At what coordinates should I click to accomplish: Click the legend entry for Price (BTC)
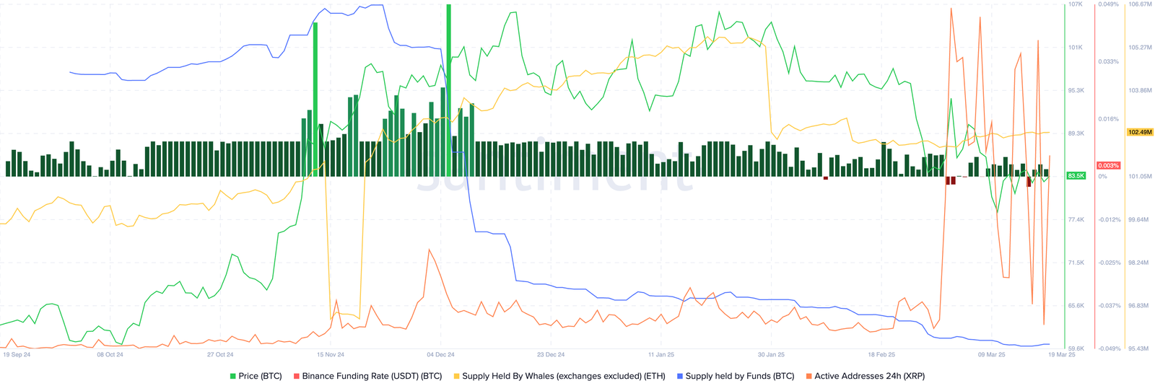click(x=256, y=376)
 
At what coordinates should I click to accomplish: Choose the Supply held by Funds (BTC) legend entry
click(x=735, y=376)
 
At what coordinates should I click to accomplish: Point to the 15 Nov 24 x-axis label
click(x=330, y=355)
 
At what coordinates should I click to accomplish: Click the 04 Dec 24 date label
click(x=440, y=355)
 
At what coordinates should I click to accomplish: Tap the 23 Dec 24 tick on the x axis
click(x=551, y=355)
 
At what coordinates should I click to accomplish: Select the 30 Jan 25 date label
click(x=771, y=355)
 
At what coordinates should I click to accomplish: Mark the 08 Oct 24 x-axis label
click(x=110, y=355)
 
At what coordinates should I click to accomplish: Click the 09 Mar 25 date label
click(x=991, y=355)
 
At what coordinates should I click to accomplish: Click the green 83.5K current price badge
click(x=1076, y=176)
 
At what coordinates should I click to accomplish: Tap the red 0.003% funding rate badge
click(x=1108, y=166)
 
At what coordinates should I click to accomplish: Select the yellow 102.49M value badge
click(x=1139, y=132)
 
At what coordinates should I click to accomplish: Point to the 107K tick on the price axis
click(x=1076, y=4)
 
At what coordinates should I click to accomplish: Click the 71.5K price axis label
click(x=1076, y=263)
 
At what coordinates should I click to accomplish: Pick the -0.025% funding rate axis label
click(x=1109, y=263)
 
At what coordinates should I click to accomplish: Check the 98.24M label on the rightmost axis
click(x=1138, y=263)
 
